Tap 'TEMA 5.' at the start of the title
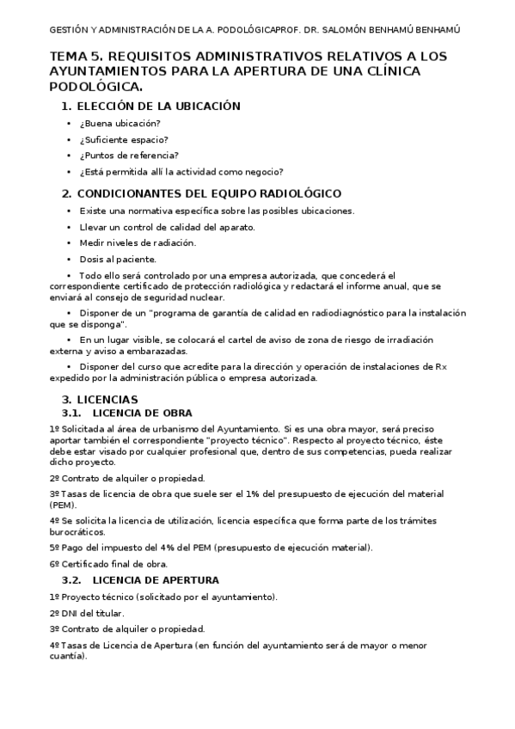tap(76, 56)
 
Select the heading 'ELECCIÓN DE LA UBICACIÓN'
tap(158, 106)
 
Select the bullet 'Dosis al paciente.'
tap(118, 258)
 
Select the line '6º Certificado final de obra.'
tap(108, 563)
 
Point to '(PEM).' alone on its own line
tap(64, 505)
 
